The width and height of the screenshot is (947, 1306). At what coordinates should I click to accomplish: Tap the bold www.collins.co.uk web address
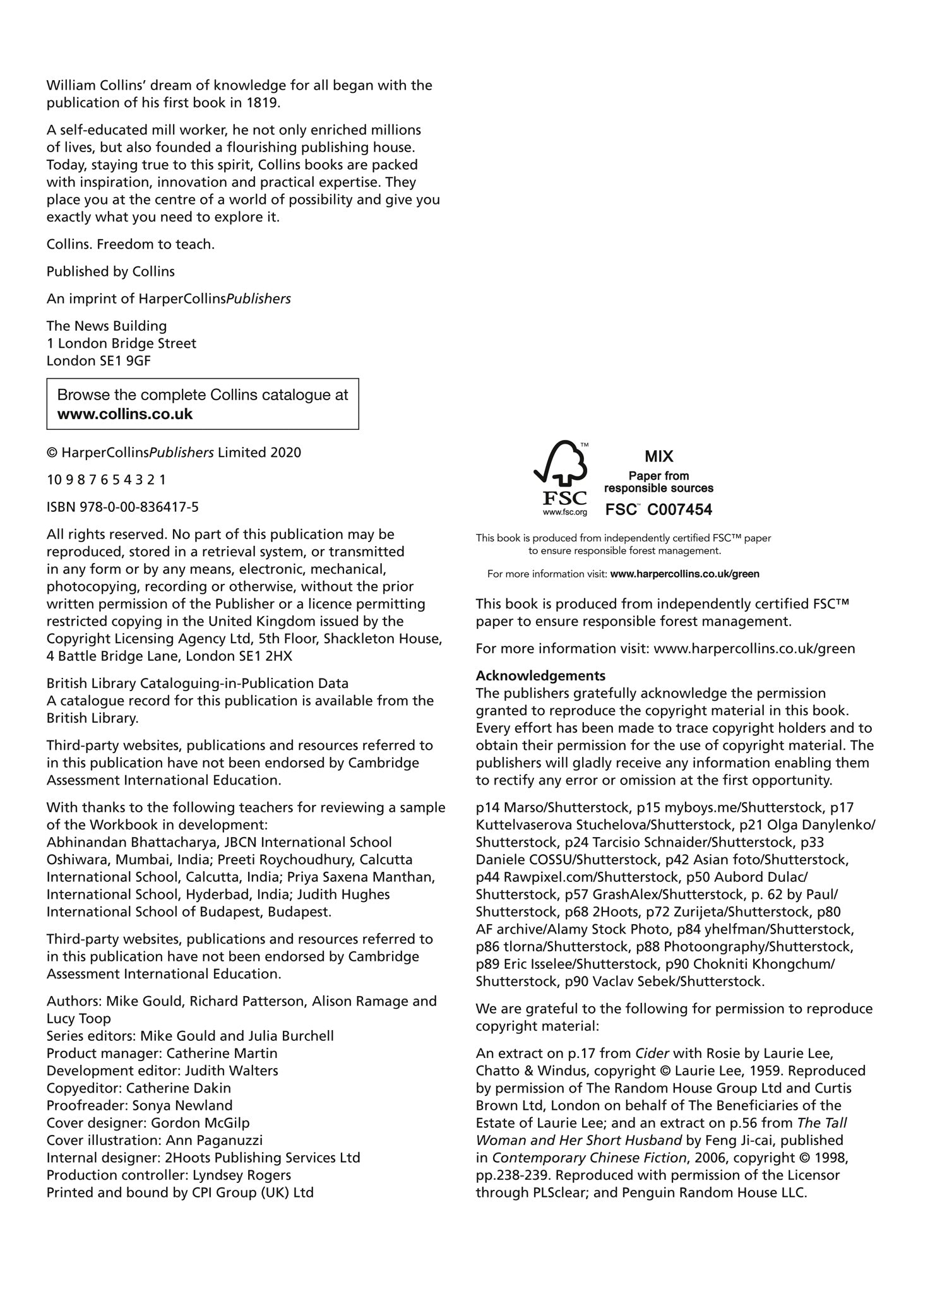click(125, 414)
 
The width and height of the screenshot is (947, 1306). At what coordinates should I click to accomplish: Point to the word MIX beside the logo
click(658, 456)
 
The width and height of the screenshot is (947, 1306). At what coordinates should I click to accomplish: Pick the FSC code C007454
click(680, 509)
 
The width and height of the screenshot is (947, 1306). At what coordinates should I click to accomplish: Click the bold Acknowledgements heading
click(540, 675)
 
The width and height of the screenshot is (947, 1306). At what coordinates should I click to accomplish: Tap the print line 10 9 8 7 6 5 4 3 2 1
click(106, 480)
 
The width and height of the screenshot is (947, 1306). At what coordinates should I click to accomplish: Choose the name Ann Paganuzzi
click(214, 1140)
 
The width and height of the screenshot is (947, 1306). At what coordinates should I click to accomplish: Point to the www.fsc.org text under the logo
click(565, 512)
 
